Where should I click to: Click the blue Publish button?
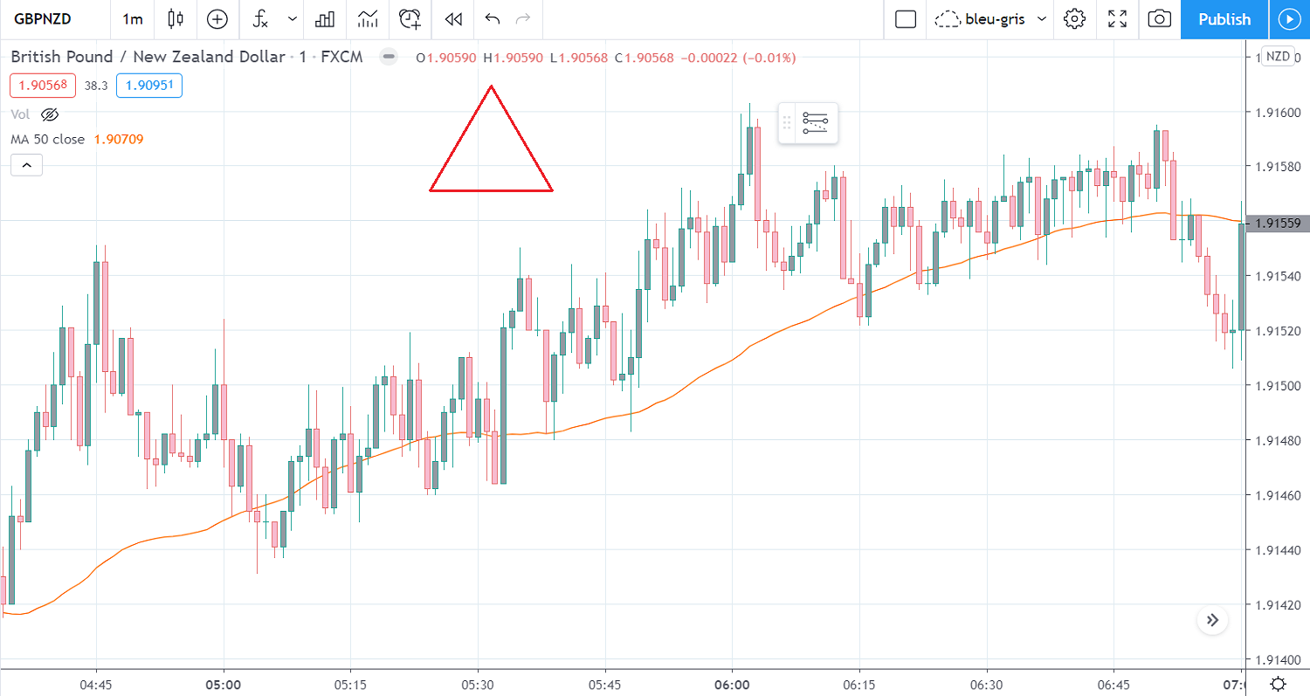[1224, 19]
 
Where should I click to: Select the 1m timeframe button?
[133, 19]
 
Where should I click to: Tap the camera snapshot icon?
[1159, 19]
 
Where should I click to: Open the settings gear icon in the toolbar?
[1074, 19]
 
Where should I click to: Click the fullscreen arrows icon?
[1117, 19]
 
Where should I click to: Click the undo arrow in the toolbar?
[493, 19]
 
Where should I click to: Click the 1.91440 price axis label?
[1277, 550]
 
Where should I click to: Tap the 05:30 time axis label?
[478, 684]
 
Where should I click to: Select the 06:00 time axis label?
[732, 684]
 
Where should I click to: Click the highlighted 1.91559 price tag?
[1278, 224]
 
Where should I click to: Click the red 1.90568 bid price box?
[43, 86]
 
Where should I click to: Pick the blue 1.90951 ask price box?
[148, 86]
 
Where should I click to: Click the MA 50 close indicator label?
[48, 139]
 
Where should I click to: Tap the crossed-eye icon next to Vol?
[49, 114]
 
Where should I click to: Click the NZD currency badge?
[1278, 56]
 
